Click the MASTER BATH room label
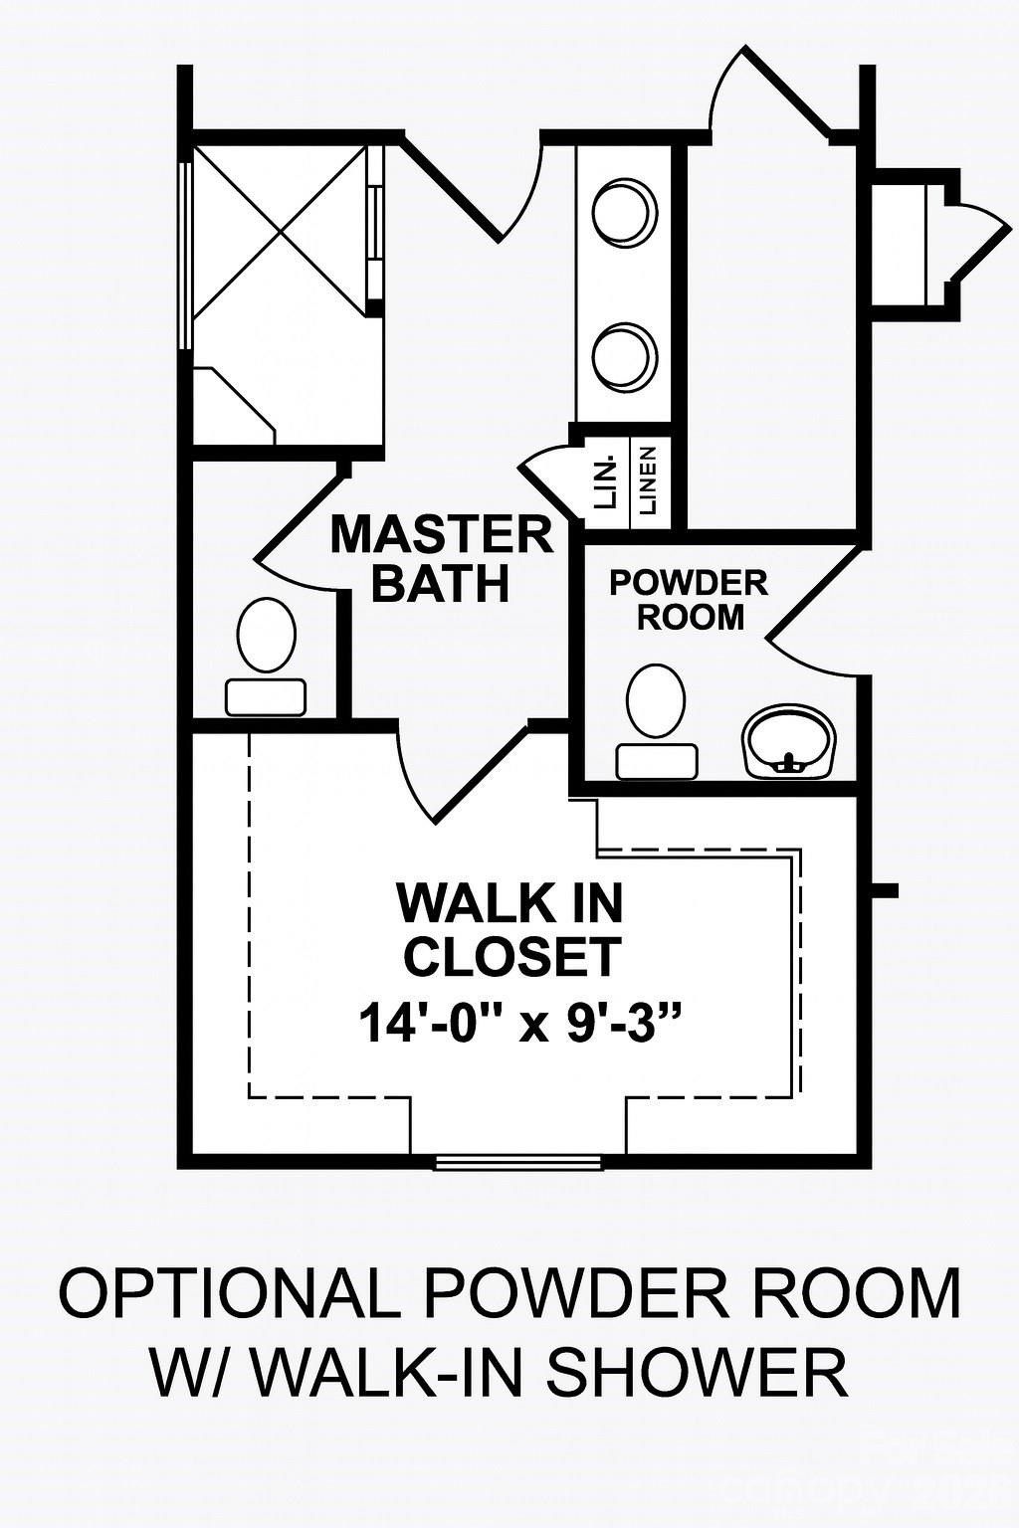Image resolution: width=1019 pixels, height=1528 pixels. [x=441, y=558]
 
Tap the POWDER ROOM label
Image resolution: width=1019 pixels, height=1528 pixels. [x=689, y=599]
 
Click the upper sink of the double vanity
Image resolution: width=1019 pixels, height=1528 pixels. [x=625, y=211]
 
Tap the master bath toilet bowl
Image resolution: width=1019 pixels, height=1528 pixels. [x=267, y=634]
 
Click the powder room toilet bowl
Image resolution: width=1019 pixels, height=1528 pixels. [x=656, y=700]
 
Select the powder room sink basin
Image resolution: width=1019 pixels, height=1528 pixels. [x=790, y=738]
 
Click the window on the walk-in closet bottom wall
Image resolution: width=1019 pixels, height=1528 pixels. [x=519, y=1161]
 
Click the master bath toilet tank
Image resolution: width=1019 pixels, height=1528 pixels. [x=267, y=697]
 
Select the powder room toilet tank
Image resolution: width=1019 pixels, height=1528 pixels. [x=656, y=761]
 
